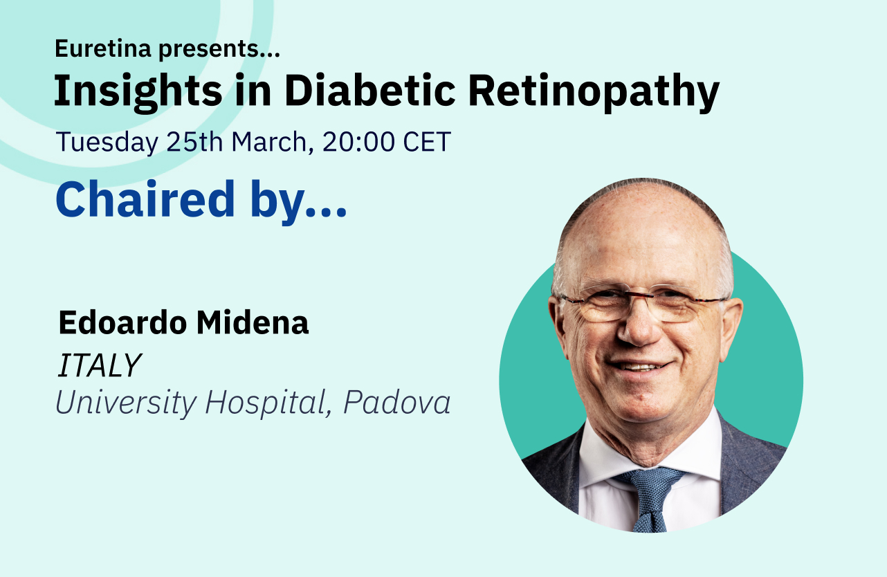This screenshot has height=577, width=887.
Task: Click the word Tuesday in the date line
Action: pyautogui.click(x=107, y=143)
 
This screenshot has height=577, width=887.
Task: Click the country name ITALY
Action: pyautogui.click(x=99, y=366)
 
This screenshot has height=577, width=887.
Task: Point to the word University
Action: pyautogui.click(x=125, y=403)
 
